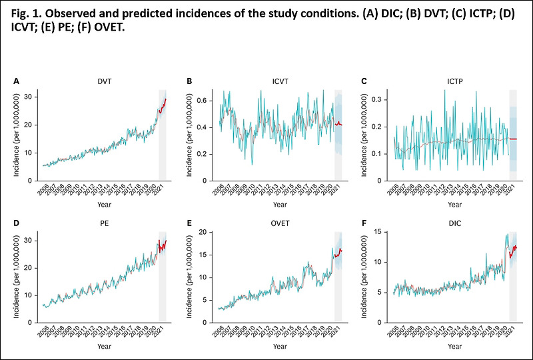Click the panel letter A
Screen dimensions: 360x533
point(17,81)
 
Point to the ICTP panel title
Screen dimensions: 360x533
point(454,81)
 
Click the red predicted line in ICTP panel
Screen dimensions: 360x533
point(513,139)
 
